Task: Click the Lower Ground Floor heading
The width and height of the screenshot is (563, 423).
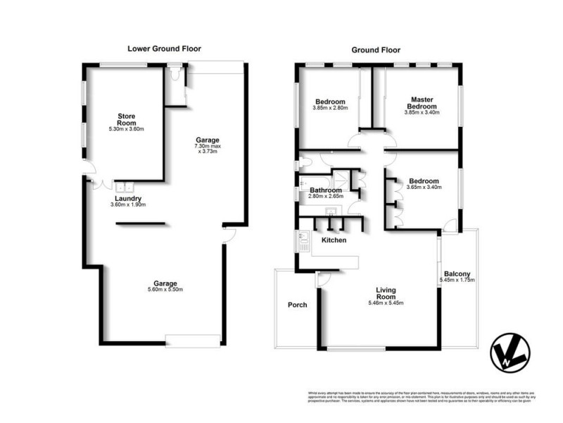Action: coord(164,49)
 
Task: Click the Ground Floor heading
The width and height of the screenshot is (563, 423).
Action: coord(376,50)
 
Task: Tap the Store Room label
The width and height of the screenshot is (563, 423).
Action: coord(127,119)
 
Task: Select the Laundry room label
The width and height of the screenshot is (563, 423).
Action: coord(129,199)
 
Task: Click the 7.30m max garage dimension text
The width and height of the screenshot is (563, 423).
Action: coord(208,147)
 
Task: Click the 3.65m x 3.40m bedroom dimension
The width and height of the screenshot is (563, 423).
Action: coord(427,187)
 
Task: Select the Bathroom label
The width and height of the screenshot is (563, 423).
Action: coord(326,191)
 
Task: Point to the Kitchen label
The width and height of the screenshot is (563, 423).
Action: coord(334,240)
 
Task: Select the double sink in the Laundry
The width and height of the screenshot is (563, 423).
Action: coord(125,188)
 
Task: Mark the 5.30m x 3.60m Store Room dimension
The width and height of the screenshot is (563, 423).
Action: coord(126,130)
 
